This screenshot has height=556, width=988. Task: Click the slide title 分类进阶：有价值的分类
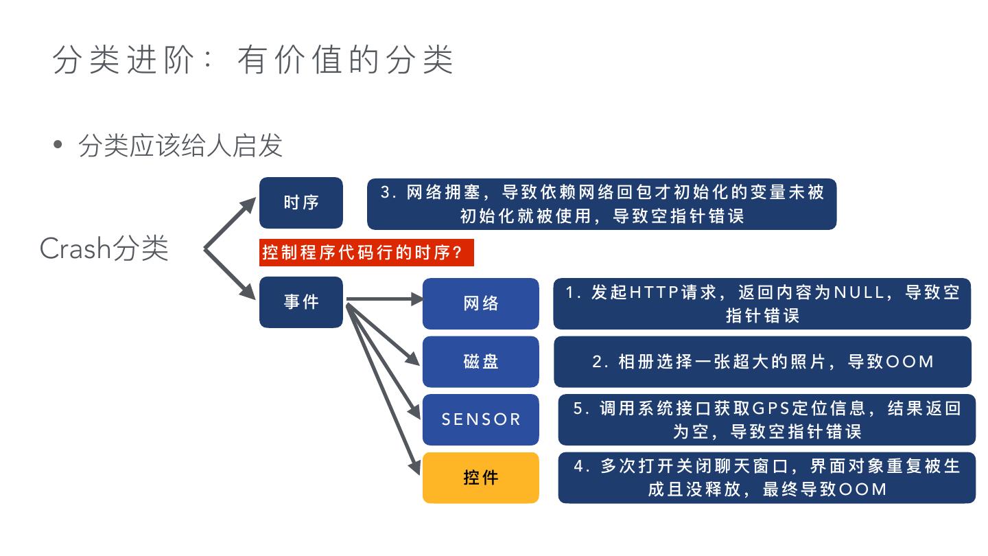click(x=252, y=60)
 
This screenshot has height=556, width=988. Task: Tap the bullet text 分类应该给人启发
click(x=180, y=146)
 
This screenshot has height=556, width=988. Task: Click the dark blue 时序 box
click(x=301, y=202)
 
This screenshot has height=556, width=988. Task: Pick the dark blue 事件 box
click(x=301, y=302)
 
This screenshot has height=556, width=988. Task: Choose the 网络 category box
click(x=480, y=303)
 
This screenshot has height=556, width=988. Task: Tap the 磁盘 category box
click(x=480, y=362)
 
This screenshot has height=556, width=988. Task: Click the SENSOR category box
click(x=480, y=419)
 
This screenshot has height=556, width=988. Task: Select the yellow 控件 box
click(x=480, y=478)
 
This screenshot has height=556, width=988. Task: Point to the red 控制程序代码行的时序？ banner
click(x=366, y=253)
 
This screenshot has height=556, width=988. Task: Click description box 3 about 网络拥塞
click(x=602, y=203)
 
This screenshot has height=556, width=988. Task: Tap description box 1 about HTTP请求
click(x=762, y=303)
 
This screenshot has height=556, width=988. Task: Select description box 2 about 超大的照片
click(x=762, y=362)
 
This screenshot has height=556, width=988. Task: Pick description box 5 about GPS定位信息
click(x=766, y=419)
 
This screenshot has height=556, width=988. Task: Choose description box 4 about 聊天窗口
click(x=766, y=478)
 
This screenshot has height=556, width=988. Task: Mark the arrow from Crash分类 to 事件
click(x=230, y=273)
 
